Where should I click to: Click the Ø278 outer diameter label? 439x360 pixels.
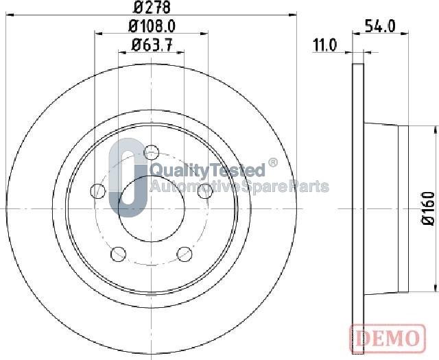pyautogui.click(x=151, y=8)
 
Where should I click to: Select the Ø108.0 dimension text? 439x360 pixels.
pyautogui.click(x=152, y=27)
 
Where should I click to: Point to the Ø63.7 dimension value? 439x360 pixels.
pyautogui.click(x=152, y=47)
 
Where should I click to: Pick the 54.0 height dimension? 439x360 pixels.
pyautogui.click(x=383, y=27)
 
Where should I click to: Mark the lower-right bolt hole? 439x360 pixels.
pyautogui.click(x=184, y=254)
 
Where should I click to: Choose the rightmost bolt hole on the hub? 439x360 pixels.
pyautogui.click(x=204, y=192)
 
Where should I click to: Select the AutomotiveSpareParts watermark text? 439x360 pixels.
pyautogui.click(x=239, y=187)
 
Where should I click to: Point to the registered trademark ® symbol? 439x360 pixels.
pyautogui.click(x=272, y=163)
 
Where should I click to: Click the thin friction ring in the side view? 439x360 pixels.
pyautogui.click(x=357, y=206)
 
